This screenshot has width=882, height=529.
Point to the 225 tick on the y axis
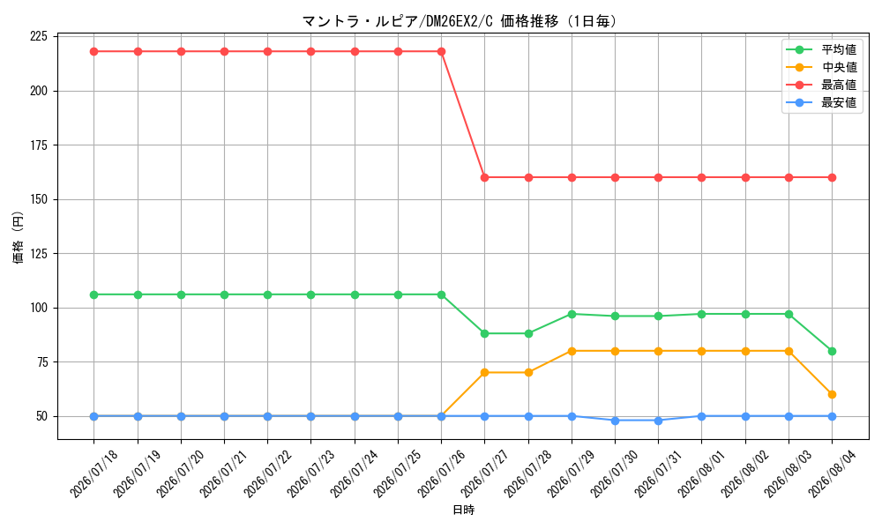click(x=39, y=36)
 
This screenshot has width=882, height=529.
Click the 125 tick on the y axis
click(x=39, y=254)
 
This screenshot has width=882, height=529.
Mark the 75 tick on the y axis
click(x=42, y=362)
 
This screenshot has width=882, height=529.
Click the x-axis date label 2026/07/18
click(x=94, y=473)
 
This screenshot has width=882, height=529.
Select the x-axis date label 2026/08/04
click(x=832, y=473)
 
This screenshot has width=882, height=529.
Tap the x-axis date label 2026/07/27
click(x=484, y=473)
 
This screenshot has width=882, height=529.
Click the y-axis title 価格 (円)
click(x=19, y=237)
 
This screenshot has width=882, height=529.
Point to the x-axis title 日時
click(x=464, y=510)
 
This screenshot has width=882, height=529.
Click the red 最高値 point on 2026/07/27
click(x=484, y=177)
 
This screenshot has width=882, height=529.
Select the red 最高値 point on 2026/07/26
click(x=442, y=52)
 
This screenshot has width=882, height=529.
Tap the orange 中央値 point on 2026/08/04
click(x=832, y=395)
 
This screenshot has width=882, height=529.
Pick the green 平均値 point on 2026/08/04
click(x=832, y=352)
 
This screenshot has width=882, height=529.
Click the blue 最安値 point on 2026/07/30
click(x=615, y=421)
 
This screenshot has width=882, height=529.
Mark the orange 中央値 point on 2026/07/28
click(x=528, y=373)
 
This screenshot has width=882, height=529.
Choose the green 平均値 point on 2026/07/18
click(x=94, y=294)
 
